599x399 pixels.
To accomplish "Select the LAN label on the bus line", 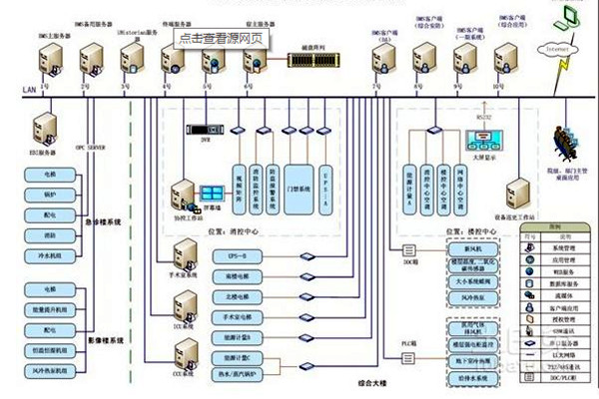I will coord(29,92).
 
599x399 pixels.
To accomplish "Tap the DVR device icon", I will coord(205,127).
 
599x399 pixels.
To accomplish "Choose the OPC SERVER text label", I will coord(91,147).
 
